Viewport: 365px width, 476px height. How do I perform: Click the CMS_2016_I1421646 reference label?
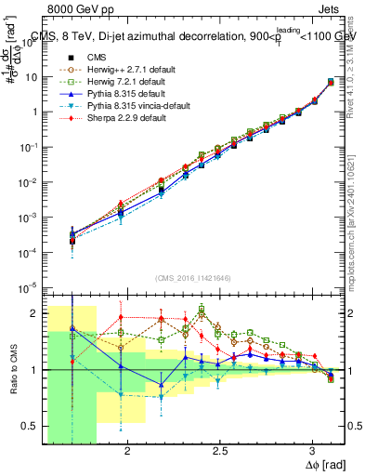coord(193,277)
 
